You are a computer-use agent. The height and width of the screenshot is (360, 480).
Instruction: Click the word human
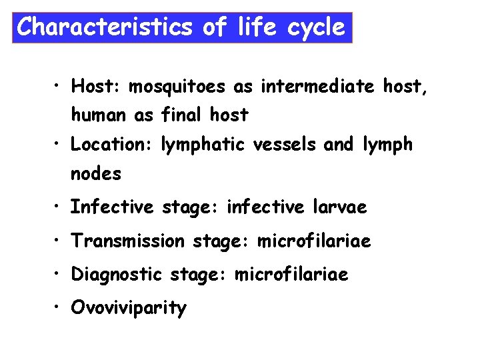point(99,115)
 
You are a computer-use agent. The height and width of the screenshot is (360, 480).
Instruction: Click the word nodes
point(96,174)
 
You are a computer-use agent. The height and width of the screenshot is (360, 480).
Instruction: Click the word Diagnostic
point(117,275)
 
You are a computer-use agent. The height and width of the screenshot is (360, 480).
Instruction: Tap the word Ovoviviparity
point(129,309)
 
